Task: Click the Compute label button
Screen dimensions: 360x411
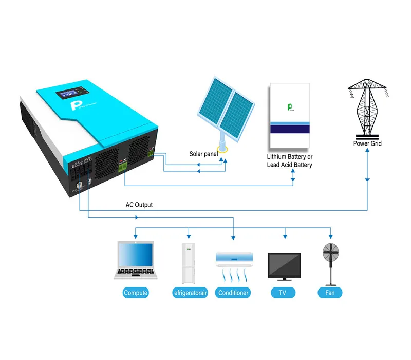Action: (x=136, y=293)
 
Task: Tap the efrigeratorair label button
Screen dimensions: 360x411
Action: (x=190, y=293)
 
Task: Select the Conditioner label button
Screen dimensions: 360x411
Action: (x=233, y=293)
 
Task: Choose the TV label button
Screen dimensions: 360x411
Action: (x=283, y=293)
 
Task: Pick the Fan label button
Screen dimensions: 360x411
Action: (x=330, y=293)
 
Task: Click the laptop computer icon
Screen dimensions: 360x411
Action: (x=136, y=260)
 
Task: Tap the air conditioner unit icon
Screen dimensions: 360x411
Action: (x=234, y=258)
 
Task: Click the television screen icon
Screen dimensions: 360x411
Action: (x=284, y=265)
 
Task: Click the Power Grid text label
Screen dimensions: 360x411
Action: (x=367, y=143)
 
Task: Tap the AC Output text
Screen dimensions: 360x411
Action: (x=139, y=205)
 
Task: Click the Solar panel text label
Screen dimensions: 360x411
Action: (x=203, y=154)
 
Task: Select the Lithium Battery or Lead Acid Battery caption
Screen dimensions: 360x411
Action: (x=289, y=160)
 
